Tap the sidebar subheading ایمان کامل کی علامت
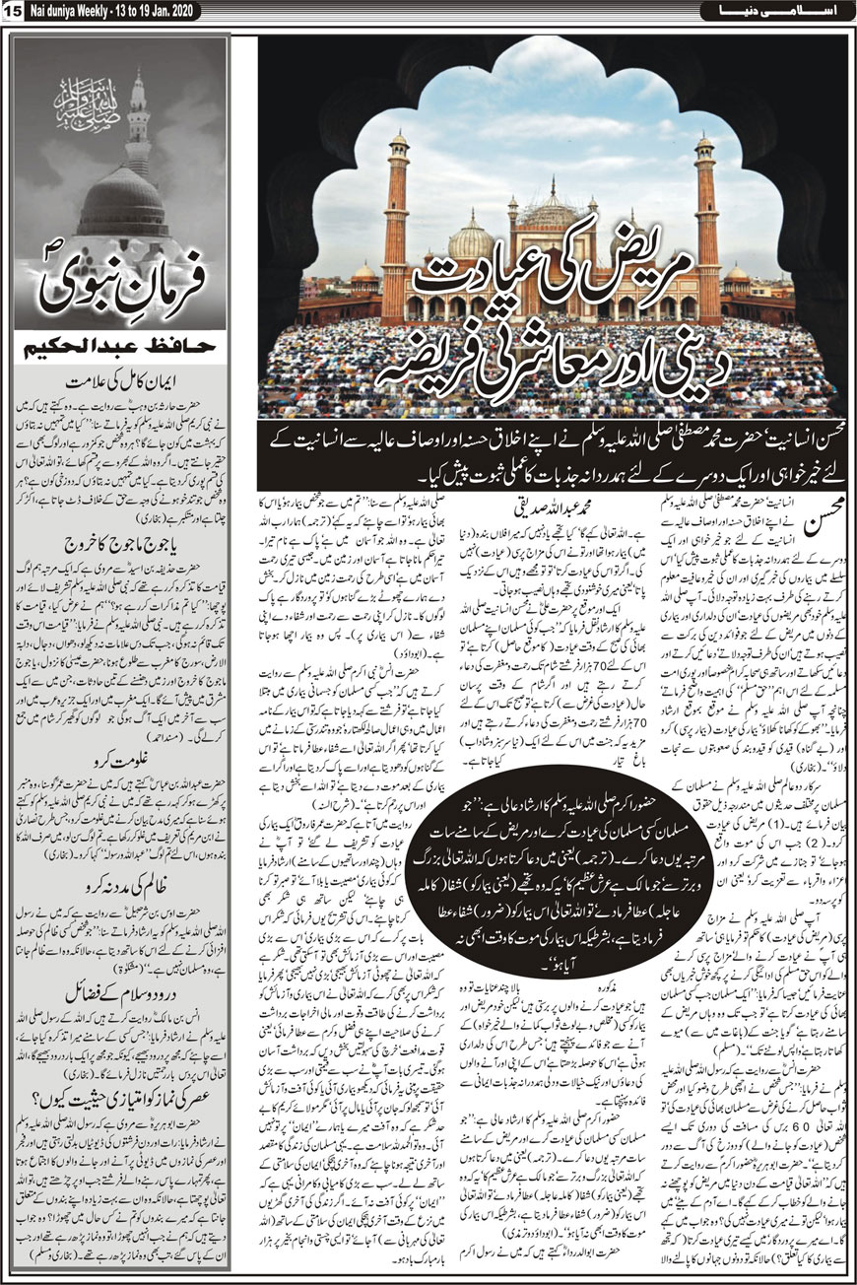point(118,375)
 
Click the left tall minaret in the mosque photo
point(396,217)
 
